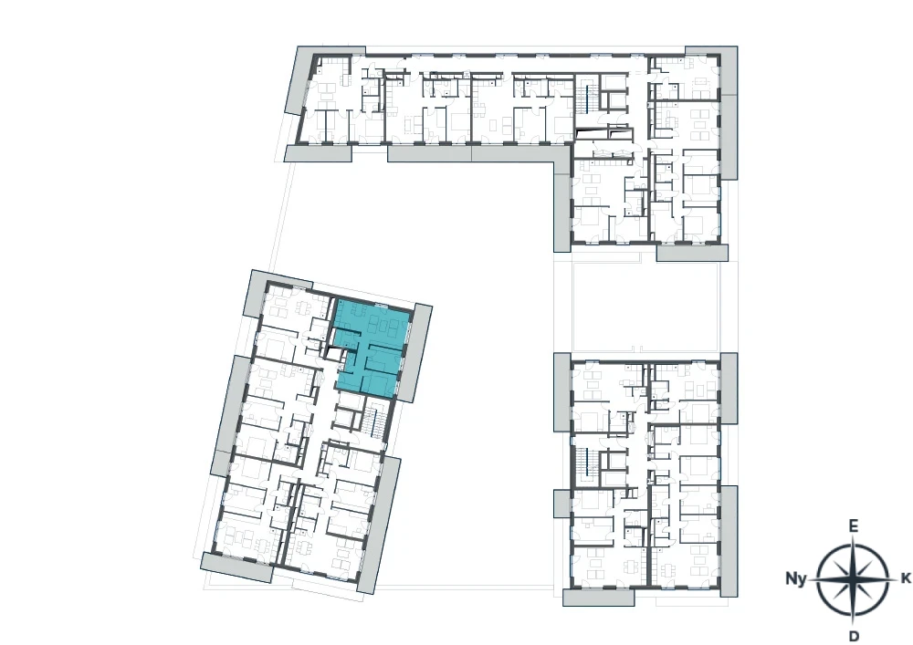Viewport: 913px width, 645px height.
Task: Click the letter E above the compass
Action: tap(853, 526)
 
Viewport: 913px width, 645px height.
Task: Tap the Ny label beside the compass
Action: tap(796, 578)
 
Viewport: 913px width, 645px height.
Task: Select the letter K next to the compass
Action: tap(906, 578)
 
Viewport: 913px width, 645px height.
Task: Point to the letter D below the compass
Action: tap(854, 635)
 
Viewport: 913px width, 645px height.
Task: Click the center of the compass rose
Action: tap(853, 578)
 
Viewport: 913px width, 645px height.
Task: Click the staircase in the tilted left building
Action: tap(373, 424)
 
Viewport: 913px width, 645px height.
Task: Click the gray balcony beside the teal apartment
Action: tap(416, 353)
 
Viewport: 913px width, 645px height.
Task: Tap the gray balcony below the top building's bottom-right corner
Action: tap(692, 253)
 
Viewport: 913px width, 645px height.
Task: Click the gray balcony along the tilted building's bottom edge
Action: tap(237, 567)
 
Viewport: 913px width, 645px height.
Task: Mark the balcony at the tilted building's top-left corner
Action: tap(260, 294)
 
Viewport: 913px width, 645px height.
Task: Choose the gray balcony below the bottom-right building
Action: tap(598, 598)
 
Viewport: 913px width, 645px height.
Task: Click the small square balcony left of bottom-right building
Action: tap(562, 503)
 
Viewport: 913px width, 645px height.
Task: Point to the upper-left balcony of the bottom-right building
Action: tap(562, 391)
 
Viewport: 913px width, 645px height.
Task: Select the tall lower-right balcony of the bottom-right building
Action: tap(729, 541)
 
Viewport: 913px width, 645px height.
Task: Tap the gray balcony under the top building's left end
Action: tap(319, 153)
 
